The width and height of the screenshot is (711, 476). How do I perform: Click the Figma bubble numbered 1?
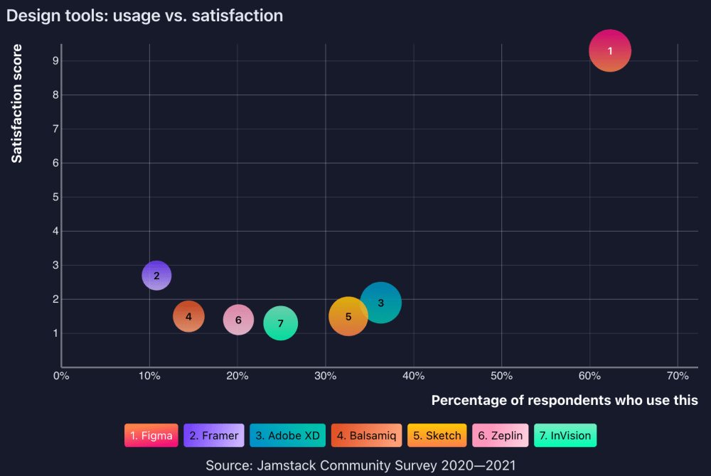tap(610, 51)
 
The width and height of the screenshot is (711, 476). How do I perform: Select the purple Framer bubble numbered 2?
tap(156, 276)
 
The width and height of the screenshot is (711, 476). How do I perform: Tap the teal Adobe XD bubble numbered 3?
tap(381, 303)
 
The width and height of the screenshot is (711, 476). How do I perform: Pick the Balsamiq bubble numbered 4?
tap(188, 317)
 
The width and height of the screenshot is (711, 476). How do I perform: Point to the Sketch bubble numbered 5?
tap(348, 317)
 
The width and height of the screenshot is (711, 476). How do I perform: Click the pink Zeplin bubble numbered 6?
tap(238, 320)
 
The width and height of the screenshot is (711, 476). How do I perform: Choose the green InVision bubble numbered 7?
tap(281, 323)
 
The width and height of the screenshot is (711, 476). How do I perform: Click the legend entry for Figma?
tap(151, 436)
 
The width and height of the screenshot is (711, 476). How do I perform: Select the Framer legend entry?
tap(214, 436)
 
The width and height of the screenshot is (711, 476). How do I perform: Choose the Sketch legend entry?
tap(437, 436)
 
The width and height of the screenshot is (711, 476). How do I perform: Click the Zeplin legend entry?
tap(500, 436)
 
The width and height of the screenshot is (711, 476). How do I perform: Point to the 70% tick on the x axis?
tap(678, 375)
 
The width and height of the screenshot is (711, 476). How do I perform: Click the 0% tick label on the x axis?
tap(61, 375)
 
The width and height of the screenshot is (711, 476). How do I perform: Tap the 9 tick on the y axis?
tap(55, 60)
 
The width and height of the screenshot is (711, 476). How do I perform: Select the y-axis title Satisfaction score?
tap(17, 104)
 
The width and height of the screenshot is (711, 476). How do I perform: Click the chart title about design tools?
tap(144, 16)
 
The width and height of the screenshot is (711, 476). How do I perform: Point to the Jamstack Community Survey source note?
tap(360, 465)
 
